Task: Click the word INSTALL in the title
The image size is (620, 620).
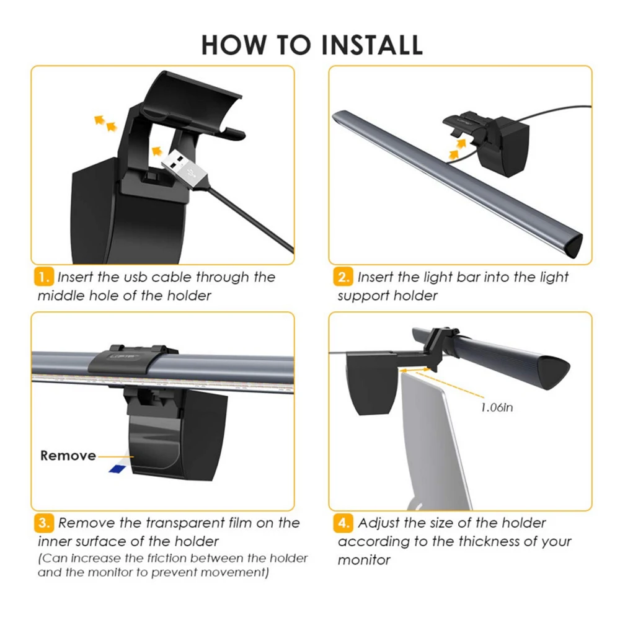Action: click(x=372, y=45)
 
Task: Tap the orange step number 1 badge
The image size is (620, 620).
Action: click(x=44, y=277)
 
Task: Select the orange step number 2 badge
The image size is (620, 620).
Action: click(x=343, y=277)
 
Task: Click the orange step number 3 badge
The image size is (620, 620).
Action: click(x=44, y=523)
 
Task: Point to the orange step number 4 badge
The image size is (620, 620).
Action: click(x=343, y=523)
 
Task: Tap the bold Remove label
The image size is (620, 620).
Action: click(x=68, y=456)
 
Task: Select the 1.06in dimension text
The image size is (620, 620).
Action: click(x=497, y=407)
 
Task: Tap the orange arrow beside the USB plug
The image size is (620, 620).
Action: click(x=157, y=151)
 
